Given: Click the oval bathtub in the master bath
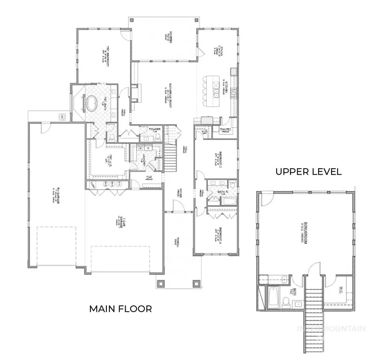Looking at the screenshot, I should pos(90,103).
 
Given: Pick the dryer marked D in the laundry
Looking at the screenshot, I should pos(146,149).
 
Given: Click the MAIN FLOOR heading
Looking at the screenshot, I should pos(120,309).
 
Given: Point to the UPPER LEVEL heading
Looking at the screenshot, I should pos(308,171).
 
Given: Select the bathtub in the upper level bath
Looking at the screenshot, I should pos(271,297).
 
